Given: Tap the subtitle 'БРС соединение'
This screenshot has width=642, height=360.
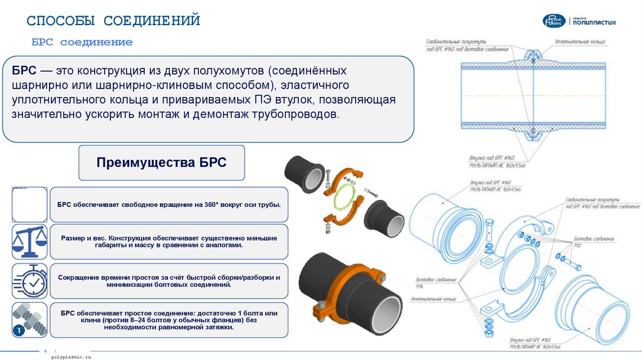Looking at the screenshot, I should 82,43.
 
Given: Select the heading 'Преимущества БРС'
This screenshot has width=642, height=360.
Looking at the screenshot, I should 161,162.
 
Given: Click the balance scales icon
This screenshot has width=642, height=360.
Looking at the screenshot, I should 29,241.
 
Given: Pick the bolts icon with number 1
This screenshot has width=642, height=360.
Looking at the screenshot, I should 29,319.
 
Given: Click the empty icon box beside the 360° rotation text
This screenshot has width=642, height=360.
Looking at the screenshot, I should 29,204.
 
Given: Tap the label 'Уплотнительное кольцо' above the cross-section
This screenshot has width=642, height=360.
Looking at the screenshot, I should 579,41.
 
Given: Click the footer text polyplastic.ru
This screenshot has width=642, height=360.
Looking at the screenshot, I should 70,356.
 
